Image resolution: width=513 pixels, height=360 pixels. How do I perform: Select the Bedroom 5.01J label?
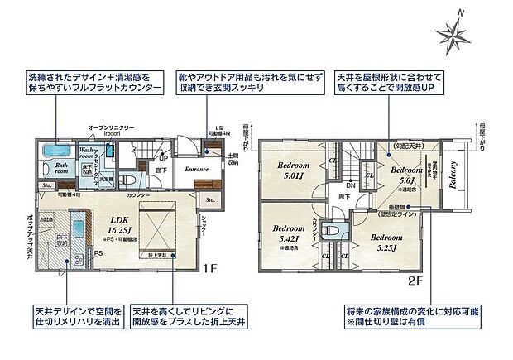(x=293, y=170)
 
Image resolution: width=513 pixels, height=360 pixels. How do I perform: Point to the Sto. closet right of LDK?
(x=210, y=201)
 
